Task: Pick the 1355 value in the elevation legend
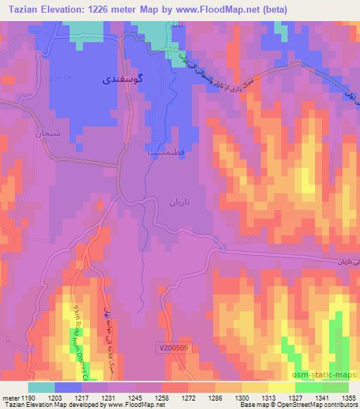pyautogui.click(x=347, y=397)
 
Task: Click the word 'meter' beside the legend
pyautogui.click(x=9, y=397)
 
